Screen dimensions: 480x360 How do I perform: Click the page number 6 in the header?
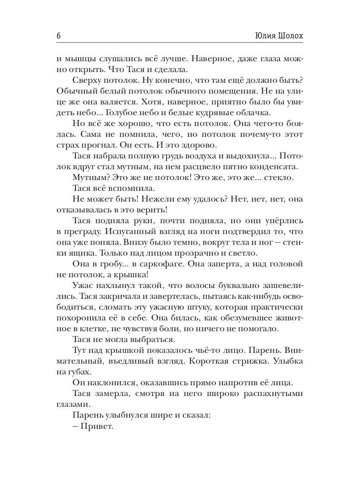point(58,36)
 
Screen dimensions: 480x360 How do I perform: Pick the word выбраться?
point(153,340)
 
